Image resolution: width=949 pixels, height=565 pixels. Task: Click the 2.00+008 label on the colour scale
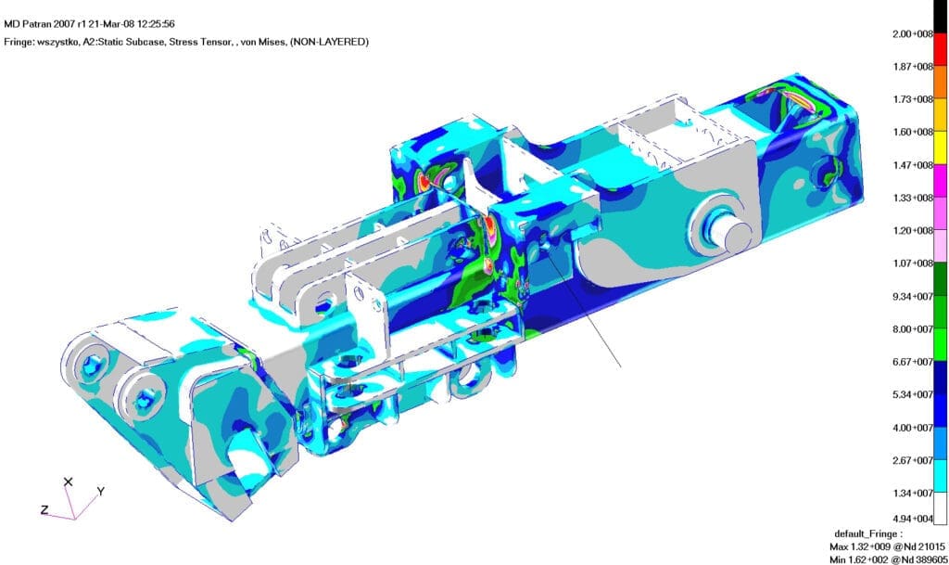913,34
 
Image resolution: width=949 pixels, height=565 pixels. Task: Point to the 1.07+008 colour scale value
913,263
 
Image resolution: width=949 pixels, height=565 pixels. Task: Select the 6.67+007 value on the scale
913,362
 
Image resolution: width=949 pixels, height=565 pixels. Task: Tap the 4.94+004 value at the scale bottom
913,519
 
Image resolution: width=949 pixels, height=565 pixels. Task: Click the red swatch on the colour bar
941,50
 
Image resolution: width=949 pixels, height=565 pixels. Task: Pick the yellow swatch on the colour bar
941,148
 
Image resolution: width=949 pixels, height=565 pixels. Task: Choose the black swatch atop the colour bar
941,17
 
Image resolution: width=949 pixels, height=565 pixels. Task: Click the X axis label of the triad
68,482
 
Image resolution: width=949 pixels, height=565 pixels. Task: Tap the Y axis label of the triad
101,491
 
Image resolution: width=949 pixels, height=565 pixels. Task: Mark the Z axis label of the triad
44,510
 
